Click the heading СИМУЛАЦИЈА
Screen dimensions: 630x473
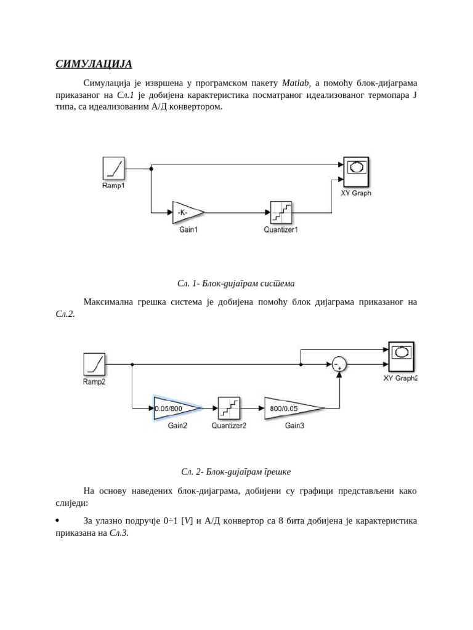94,64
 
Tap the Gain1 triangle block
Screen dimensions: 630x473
185,212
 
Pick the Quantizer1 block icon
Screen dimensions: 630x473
281,212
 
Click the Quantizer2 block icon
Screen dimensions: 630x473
228,408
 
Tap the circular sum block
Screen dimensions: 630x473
339,365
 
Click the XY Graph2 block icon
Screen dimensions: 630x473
401,356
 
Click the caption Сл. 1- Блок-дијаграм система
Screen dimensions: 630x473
236,284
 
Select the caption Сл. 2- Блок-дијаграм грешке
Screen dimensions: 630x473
236,472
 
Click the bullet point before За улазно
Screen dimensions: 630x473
57,520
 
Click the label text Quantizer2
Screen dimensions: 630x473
228,426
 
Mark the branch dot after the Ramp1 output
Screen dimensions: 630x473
151,168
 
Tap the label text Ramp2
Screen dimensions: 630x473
94,382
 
